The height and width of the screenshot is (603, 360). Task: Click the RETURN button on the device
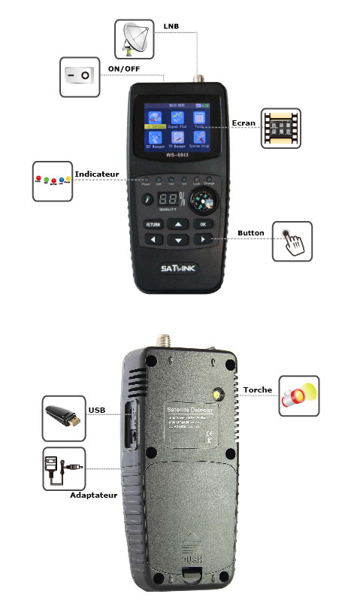(153, 223)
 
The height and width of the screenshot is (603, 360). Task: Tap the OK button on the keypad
(202, 223)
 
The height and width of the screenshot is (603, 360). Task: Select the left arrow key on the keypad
(153, 240)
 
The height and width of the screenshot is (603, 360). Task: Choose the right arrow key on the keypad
(202, 240)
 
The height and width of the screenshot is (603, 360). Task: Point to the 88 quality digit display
(171, 202)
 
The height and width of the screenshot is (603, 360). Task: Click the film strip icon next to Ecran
(280, 129)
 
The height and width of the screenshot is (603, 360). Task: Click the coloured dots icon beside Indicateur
(52, 180)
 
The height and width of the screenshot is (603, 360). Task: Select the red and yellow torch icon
(298, 396)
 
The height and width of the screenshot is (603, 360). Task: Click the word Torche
(257, 389)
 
